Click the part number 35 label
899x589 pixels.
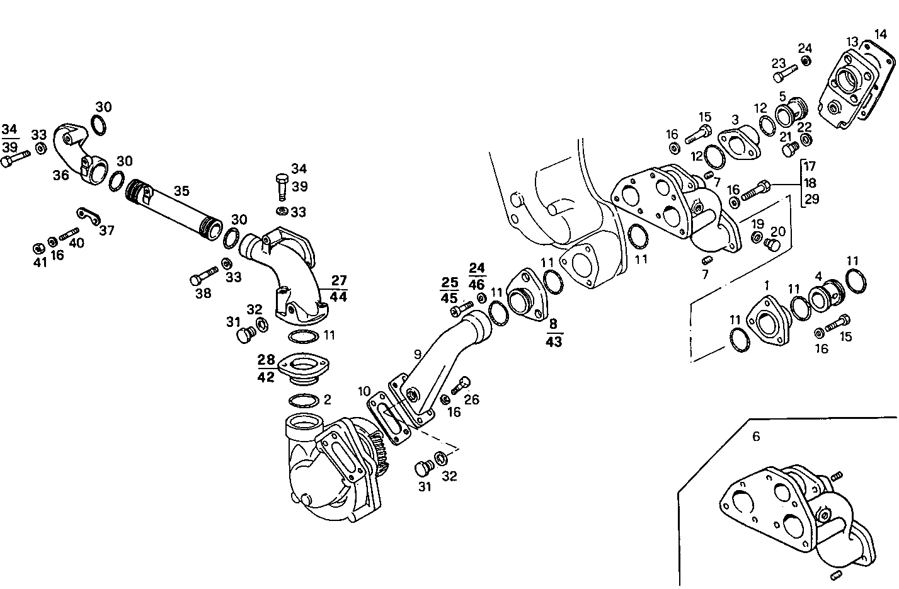pyautogui.click(x=181, y=191)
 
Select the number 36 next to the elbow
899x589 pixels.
pyautogui.click(x=60, y=175)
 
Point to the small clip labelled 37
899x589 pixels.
pyautogui.click(x=91, y=216)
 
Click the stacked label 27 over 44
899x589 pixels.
pyautogui.click(x=338, y=288)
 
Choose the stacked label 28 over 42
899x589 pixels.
pyautogui.click(x=266, y=369)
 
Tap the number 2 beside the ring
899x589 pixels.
pyautogui.click(x=327, y=399)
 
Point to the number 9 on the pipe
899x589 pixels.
pyautogui.click(x=416, y=355)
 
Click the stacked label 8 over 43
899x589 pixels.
pyautogui.click(x=554, y=333)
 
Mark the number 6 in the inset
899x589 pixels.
pyautogui.click(x=756, y=436)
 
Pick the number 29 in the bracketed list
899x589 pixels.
pyautogui.click(x=811, y=199)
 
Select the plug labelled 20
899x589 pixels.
pyautogui.click(x=769, y=244)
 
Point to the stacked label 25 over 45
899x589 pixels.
pyautogui.click(x=449, y=289)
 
